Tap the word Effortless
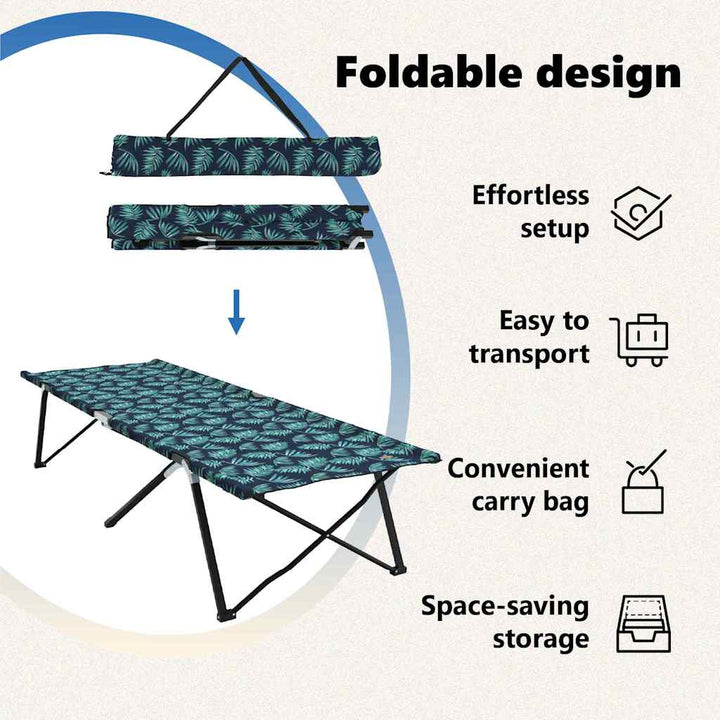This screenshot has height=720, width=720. [x=530, y=195]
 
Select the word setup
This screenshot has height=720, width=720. [x=555, y=228]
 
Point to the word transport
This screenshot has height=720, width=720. [x=529, y=355]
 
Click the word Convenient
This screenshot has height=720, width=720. [x=518, y=469]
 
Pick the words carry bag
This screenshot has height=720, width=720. [x=530, y=502]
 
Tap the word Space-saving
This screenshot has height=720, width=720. [x=505, y=606]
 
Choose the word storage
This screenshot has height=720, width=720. [x=541, y=639]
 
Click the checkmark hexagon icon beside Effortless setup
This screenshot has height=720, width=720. [x=640, y=214]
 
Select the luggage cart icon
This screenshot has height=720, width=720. [x=639, y=340]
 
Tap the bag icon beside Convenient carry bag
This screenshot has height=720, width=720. [x=643, y=482]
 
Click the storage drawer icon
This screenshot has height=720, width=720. [x=643, y=624]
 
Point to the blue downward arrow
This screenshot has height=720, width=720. [x=236, y=312]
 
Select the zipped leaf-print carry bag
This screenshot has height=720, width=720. [x=244, y=155]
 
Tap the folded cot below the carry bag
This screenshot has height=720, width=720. [x=240, y=227]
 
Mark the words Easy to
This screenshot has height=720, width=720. [x=544, y=321]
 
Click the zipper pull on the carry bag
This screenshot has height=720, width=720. [x=105, y=173]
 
